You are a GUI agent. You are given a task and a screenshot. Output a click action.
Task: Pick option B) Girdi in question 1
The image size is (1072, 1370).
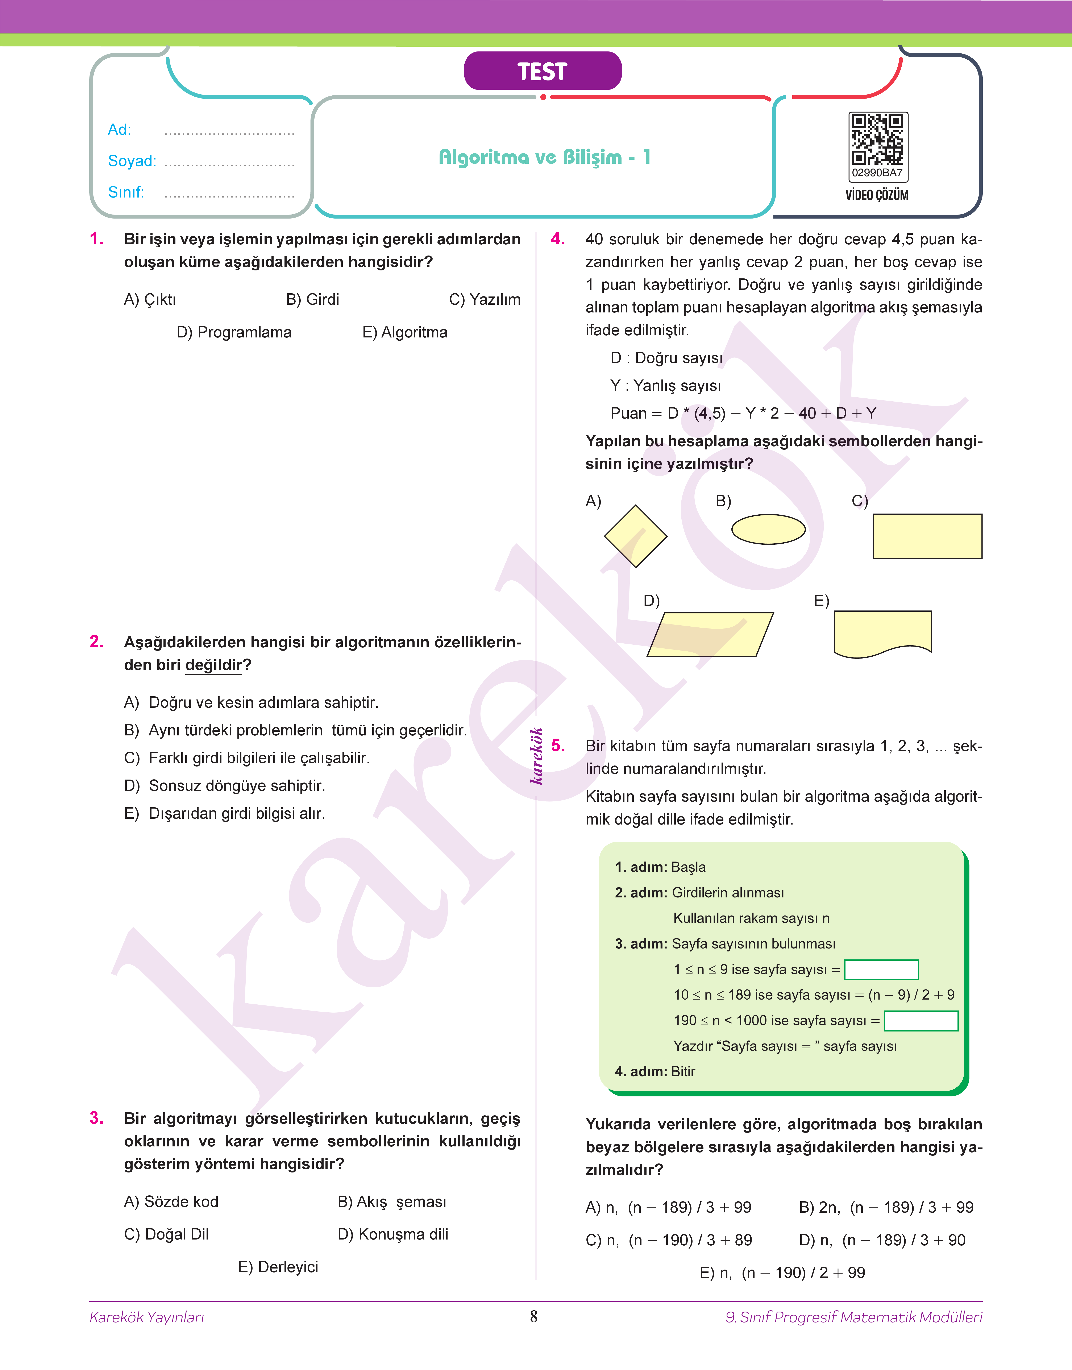pyautogui.click(x=313, y=299)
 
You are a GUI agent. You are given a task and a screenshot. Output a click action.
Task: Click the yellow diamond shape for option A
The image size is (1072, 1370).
pyautogui.click(x=635, y=536)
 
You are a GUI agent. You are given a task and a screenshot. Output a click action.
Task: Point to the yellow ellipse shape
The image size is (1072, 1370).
pyautogui.click(x=768, y=529)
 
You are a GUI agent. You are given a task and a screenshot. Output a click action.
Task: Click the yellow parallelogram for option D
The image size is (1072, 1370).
pyautogui.click(x=710, y=635)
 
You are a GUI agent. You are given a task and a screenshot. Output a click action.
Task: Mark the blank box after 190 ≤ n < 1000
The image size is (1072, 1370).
pyautogui.click(x=921, y=1020)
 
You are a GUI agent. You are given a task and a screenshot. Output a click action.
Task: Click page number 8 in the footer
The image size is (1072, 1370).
pyautogui.click(x=533, y=1316)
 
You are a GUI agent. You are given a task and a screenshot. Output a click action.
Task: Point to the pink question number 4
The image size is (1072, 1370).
pyautogui.click(x=557, y=239)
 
